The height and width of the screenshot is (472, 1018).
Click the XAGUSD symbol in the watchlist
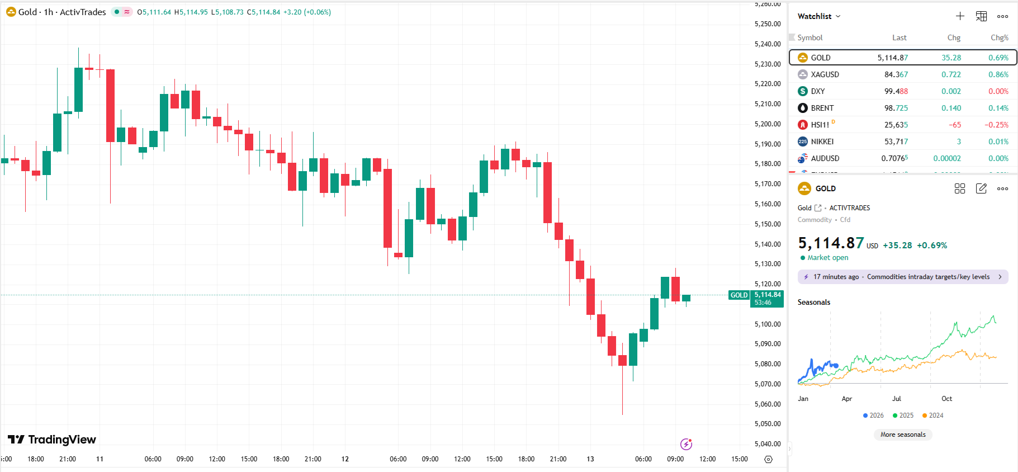(825, 74)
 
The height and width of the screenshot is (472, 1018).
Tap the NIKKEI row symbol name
(822, 141)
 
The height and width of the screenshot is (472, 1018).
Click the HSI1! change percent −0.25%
(996, 125)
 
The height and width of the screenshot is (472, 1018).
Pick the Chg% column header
(999, 37)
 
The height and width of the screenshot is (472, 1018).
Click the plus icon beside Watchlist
(960, 16)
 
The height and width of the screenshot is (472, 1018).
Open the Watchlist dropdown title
(818, 16)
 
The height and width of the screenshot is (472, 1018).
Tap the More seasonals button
(903, 435)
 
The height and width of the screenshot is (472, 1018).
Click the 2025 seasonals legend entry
(903, 416)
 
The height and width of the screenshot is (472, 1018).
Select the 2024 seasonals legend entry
(933, 416)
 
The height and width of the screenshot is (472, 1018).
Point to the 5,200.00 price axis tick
(767, 124)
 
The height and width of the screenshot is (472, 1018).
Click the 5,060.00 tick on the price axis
(767, 404)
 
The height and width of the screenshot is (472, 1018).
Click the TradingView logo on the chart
(52, 440)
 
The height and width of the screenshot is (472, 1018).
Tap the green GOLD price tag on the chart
(738, 295)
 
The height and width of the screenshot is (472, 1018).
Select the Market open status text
(827, 258)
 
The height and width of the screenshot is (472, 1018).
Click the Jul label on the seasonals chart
(896, 399)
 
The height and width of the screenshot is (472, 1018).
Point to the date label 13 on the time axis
(590, 459)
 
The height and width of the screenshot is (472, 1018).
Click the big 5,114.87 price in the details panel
(831, 243)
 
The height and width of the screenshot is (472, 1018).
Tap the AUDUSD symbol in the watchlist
(825, 158)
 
